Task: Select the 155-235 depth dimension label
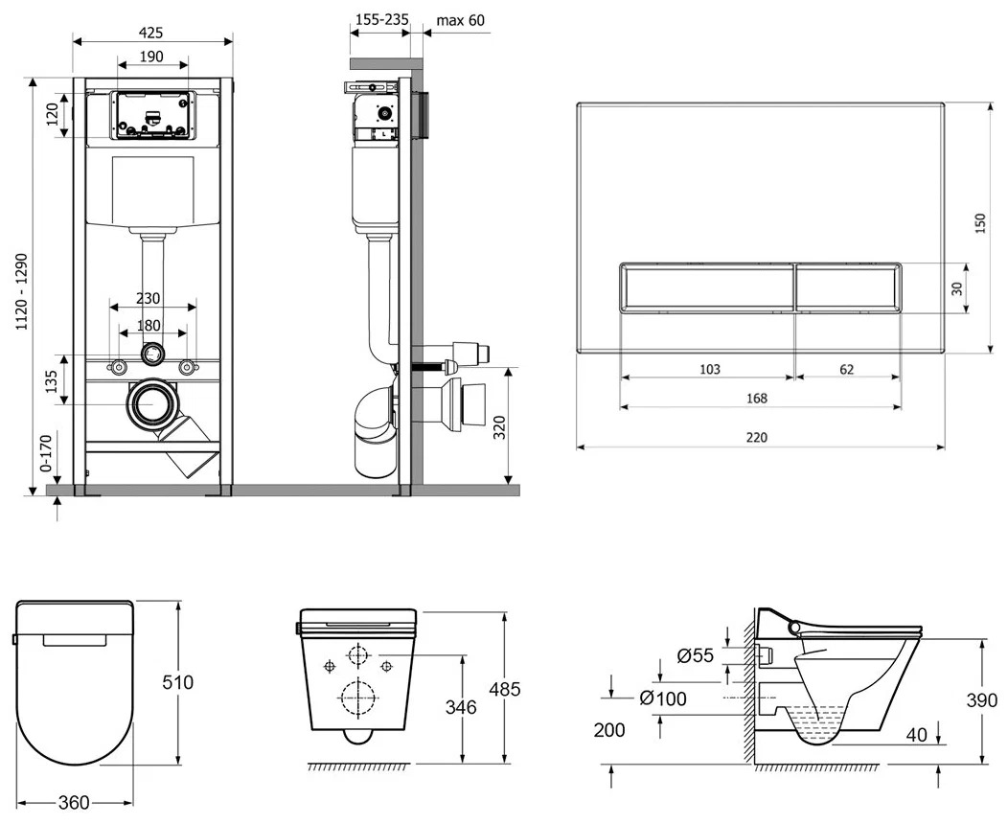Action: tap(382, 20)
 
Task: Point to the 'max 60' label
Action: tap(460, 20)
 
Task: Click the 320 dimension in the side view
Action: tap(499, 427)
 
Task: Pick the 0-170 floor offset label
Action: tap(46, 453)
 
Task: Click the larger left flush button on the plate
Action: tap(706, 287)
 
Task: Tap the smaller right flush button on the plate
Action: tap(848, 287)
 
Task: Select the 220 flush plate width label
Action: tap(757, 438)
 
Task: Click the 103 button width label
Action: tap(709, 370)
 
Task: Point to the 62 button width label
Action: tap(847, 370)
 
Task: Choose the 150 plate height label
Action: tap(979, 223)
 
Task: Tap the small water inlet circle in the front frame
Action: tap(151, 353)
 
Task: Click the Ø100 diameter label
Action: tap(663, 698)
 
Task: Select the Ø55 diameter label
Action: tap(695, 655)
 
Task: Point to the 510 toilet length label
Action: tap(178, 681)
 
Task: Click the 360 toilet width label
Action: tap(74, 803)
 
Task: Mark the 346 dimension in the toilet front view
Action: tap(462, 707)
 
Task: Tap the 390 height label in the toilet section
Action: tap(981, 700)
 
